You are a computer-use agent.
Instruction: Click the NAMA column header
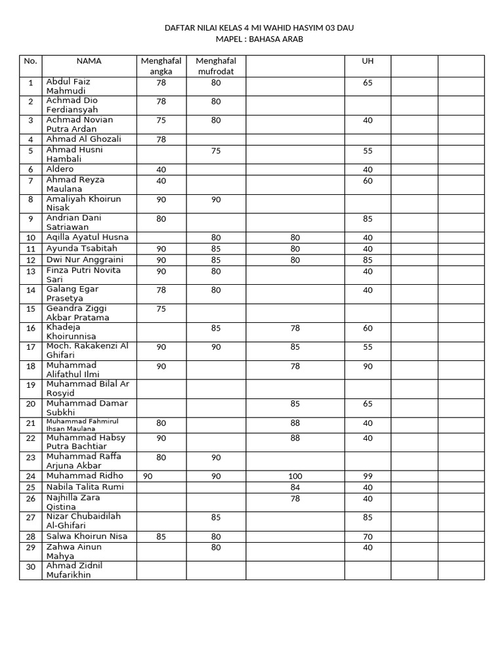click(x=89, y=61)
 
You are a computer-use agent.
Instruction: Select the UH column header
click(x=367, y=61)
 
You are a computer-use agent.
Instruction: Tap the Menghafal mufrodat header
click(x=216, y=66)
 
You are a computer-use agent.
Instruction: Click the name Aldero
click(x=60, y=169)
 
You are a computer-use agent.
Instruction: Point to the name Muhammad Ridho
click(x=84, y=476)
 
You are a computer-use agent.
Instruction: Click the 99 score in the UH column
click(x=367, y=476)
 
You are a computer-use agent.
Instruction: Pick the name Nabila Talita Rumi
click(x=85, y=487)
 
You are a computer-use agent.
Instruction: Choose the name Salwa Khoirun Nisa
click(x=87, y=536)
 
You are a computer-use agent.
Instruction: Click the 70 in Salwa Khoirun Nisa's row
click(x=367, y=537)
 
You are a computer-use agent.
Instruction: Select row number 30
click(x=30, y=567)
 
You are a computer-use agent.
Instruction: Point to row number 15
click(x=30, y=309)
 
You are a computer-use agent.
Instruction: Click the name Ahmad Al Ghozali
click(x=83, y=139)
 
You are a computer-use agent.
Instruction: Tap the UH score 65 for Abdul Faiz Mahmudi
click(x=367, y=83)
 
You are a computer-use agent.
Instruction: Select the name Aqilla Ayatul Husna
click(x=87, y=237)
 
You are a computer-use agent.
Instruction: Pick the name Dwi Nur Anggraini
click(x=85, y=260)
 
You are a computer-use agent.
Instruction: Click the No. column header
click(x=30, y=61)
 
